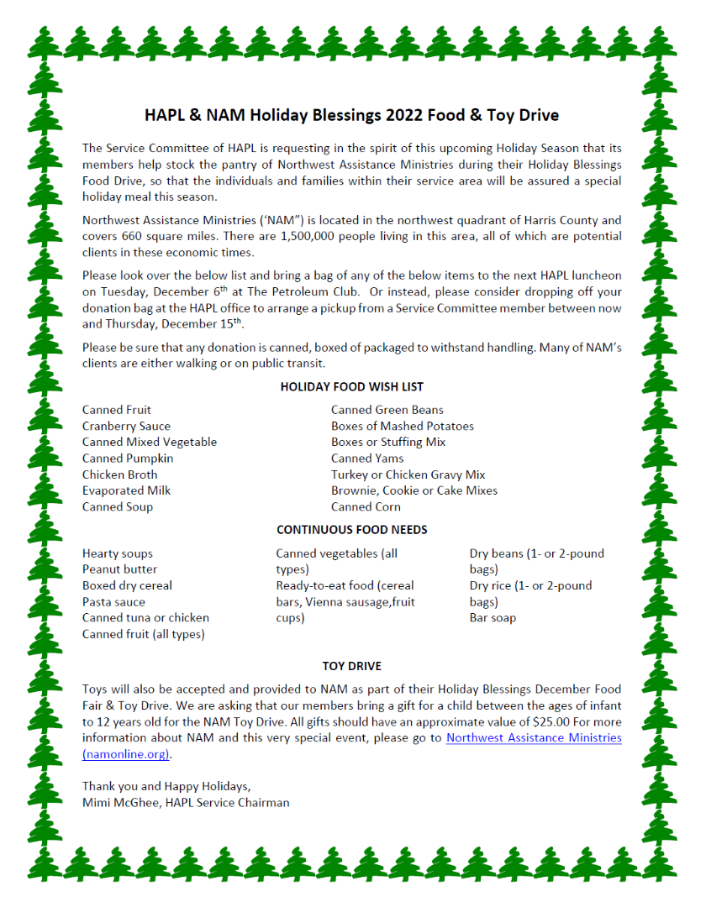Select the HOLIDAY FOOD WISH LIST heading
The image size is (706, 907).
tap(351, 387)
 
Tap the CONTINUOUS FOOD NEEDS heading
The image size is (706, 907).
tap(351, 530)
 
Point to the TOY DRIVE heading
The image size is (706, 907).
tap(351, 666)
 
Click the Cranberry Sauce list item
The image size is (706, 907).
tap(126, 426)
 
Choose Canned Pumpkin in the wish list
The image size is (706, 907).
tap(128, 459)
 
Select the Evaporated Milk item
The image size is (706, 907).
tap(126, 490)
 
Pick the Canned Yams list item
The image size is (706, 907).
tap(367, 459)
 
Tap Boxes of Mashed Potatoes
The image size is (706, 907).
tap(402, 426)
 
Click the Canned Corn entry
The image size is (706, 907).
tap(366, 506)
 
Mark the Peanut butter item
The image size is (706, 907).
tap(119, 569)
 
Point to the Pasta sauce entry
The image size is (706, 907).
tap(113, 601)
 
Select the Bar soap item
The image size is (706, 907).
tap(493, 617)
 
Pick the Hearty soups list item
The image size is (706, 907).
tap(118, 553)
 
